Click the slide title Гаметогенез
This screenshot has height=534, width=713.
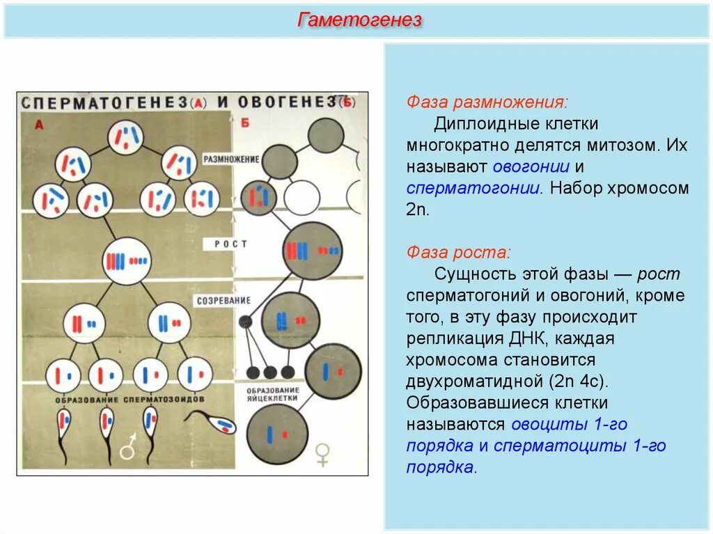coord(359,20)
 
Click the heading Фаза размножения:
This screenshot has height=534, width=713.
coord(487,102)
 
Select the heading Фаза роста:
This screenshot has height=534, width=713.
coord(459,251)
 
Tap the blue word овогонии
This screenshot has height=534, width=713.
coord(531,167)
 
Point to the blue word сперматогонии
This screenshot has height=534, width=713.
coord(474,188)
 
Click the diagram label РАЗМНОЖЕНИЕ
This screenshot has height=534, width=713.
coord(231,159)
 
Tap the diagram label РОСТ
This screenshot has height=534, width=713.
coord(230,244)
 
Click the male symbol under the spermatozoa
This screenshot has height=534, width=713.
coord(128,449)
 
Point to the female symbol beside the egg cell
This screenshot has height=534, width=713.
coord(322,454)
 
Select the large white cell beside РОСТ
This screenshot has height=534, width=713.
coord(127,261)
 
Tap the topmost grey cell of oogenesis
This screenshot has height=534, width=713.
coord(325,136)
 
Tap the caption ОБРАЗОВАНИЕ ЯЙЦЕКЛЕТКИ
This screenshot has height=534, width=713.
coord(277,394)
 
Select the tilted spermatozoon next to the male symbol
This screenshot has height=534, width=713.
coord(216,422)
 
